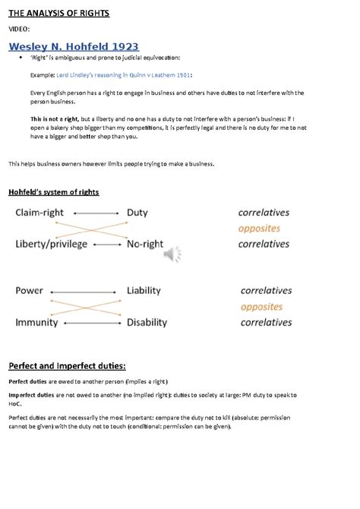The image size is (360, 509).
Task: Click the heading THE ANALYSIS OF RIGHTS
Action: click(58, 13)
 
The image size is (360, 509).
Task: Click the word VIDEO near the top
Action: click(19, 29)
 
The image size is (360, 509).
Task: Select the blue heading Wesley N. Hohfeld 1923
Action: click(74, 47)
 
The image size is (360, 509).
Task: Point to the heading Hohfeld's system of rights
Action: click(53, 192)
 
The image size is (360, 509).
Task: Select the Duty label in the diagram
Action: click(137, 213)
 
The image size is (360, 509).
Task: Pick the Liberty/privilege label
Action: click(52, 244)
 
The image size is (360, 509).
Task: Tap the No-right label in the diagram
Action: click(147, 244)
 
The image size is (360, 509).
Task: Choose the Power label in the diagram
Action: click(30, 290)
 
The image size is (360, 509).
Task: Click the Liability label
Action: click(144, 290)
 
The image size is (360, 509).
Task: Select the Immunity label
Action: click(36, 322)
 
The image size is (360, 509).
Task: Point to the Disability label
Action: click(147, 322)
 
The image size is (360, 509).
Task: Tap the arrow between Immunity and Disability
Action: click(93, 323)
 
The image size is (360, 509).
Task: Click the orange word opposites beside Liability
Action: click(262, 307)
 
